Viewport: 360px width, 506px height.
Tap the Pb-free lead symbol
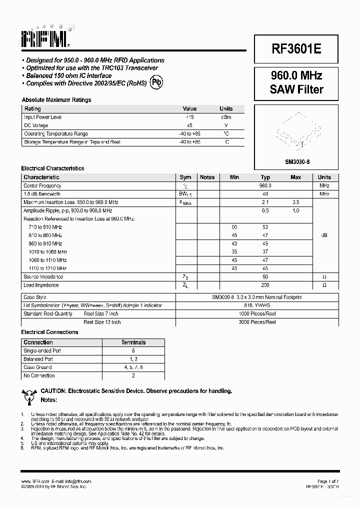coord(156,82)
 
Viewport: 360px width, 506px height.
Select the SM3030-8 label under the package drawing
coord(296,161)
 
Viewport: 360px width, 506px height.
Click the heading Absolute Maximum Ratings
coord(56,100)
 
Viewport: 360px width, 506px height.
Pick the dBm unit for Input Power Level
coord(226,117)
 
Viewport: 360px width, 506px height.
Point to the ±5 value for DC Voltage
coord(189,125)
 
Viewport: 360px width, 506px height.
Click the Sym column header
coord(185,177)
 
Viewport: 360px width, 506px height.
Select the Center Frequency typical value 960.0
coord(265,185)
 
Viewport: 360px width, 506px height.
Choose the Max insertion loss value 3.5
coord(295,202)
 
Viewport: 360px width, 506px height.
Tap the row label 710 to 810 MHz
coord(45,227)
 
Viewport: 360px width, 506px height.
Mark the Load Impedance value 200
coord(265,285)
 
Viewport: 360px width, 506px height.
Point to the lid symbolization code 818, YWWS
coord(257,305)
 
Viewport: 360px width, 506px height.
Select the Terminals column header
coord(133,342)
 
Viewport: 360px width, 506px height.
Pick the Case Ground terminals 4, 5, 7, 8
coord(133,367)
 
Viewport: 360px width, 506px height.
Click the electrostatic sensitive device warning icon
coord(29,395)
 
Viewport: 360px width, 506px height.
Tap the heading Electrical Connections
coord(49,332)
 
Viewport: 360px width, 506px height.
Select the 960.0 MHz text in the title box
coord(296,75)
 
